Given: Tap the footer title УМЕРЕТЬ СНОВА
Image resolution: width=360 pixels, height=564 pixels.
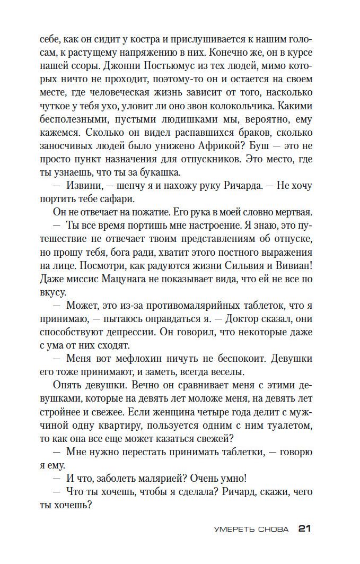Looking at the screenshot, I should point(251,529).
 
